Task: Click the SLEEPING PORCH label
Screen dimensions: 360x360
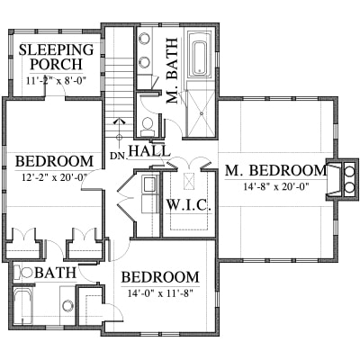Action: [56, 57]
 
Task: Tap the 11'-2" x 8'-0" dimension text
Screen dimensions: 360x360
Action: [56, 81]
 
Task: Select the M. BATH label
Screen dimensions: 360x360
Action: [172, 71]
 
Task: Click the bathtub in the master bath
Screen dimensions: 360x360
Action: [200, 58]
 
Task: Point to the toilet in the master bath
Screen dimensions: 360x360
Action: [147, 127]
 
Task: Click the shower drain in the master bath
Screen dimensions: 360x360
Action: [202, 113]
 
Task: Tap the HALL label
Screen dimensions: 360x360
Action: [149, 150]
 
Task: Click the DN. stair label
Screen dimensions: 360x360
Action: [119, 156]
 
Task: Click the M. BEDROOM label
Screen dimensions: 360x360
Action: [275, 171]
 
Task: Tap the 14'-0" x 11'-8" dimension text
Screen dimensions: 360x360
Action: [160, 293]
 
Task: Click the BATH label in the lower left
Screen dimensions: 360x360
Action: [55, 273]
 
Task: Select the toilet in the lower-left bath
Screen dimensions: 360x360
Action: [23, 273]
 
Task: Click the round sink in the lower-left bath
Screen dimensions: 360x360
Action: [67, 306]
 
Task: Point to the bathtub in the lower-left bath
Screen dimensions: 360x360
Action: [22, 305]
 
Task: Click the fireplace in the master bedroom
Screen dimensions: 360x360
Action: [342, 179]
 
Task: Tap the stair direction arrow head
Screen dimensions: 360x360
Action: [120, 121]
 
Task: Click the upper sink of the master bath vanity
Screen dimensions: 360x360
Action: [145, 39]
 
